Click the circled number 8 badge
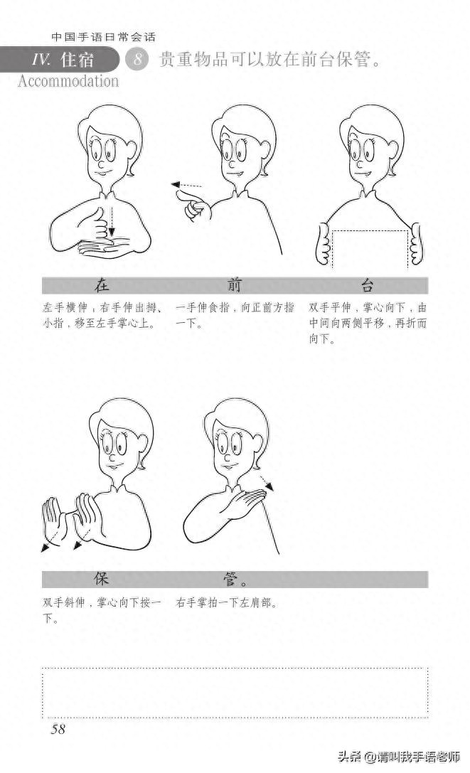[137, 60]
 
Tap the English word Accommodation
[68, 81]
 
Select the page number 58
[58, 729]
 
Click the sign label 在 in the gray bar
[102, 286]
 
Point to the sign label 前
[235, 286]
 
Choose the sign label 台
[368, 286]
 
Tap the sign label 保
[102, 579]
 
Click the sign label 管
[230, 579]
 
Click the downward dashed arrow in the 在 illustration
[110, 222]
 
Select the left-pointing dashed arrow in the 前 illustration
[186, 186]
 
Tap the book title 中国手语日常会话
[104, 37]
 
